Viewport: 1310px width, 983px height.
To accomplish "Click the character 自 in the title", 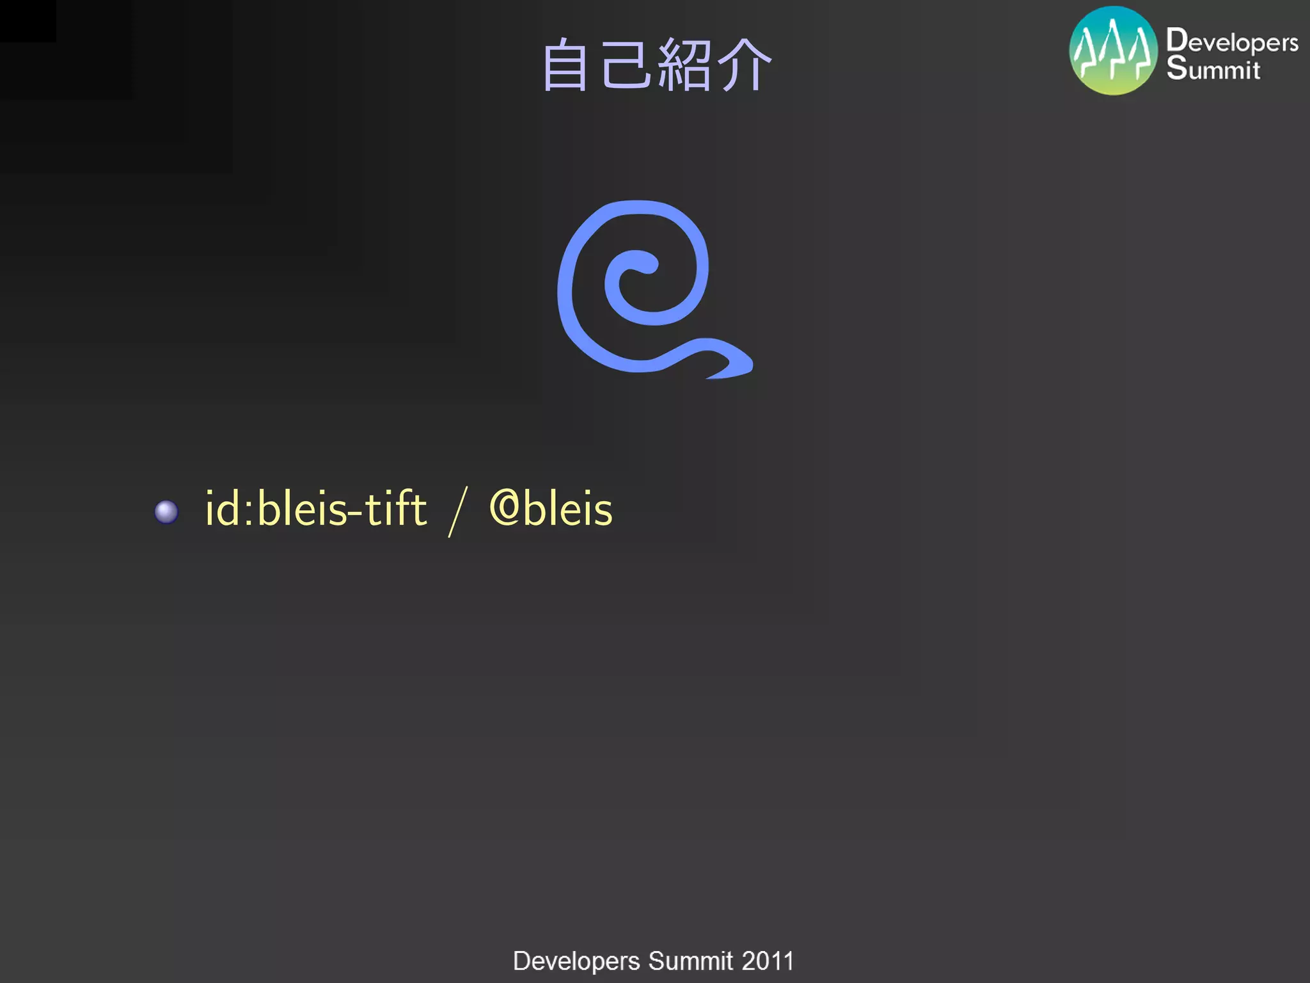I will click(565, 65).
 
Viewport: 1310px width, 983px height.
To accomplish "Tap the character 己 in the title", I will click(625, 64).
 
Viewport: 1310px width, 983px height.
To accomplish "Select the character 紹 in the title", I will click(684, 65).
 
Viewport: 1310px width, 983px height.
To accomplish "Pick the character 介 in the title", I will click(743, 65).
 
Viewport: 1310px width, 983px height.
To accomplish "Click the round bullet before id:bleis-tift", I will click(166, 511).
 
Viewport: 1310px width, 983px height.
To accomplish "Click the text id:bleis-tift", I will click(316, 509).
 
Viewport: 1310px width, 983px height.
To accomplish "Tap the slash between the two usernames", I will click(458, 511).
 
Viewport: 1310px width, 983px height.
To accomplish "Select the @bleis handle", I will click(551, 509).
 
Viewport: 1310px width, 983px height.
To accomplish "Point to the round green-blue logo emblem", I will click(1113, 51).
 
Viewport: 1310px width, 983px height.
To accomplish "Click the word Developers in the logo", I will click(1232, 42).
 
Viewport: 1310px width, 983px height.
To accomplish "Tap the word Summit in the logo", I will click(1213, 68).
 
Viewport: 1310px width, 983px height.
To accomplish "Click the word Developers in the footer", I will click(576, 961).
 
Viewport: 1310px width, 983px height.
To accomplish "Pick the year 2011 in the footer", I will click(768, 961).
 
